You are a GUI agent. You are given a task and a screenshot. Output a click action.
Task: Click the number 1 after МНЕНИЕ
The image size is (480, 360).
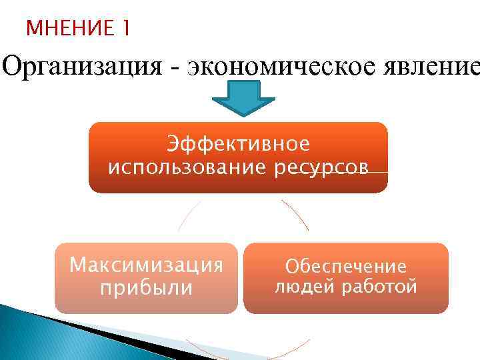pyautogui.click(x=126, y=29)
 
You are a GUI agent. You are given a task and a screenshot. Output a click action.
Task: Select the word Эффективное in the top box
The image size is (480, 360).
pyautogui.click(x=239, y=144)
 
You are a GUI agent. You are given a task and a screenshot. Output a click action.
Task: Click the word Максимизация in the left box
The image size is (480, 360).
pyautogui.click(x=146, y=265)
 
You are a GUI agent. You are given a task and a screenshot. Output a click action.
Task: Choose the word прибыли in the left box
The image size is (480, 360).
pyautogui.click(x=145, y=288)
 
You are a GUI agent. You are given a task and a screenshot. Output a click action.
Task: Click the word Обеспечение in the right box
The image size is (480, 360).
pyautogui.click(x=345, y=267)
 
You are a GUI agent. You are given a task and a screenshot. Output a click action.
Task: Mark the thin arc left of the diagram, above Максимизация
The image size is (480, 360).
pyautogui.click(x=187, y=216)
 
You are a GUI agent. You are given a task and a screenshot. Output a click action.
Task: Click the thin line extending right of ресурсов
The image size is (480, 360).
pyautogui.click(x=379, y=172)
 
